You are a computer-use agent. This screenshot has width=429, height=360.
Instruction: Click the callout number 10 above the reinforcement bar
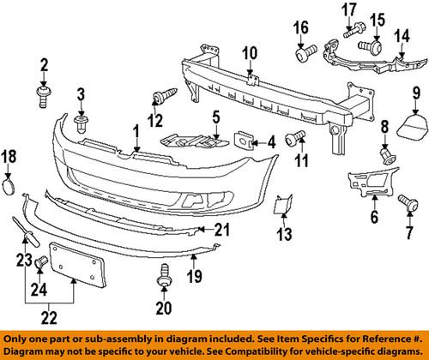pos(248,54)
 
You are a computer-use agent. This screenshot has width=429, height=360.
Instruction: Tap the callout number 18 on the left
pos(8,155)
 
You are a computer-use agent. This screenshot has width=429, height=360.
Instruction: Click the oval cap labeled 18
pos(9,187)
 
